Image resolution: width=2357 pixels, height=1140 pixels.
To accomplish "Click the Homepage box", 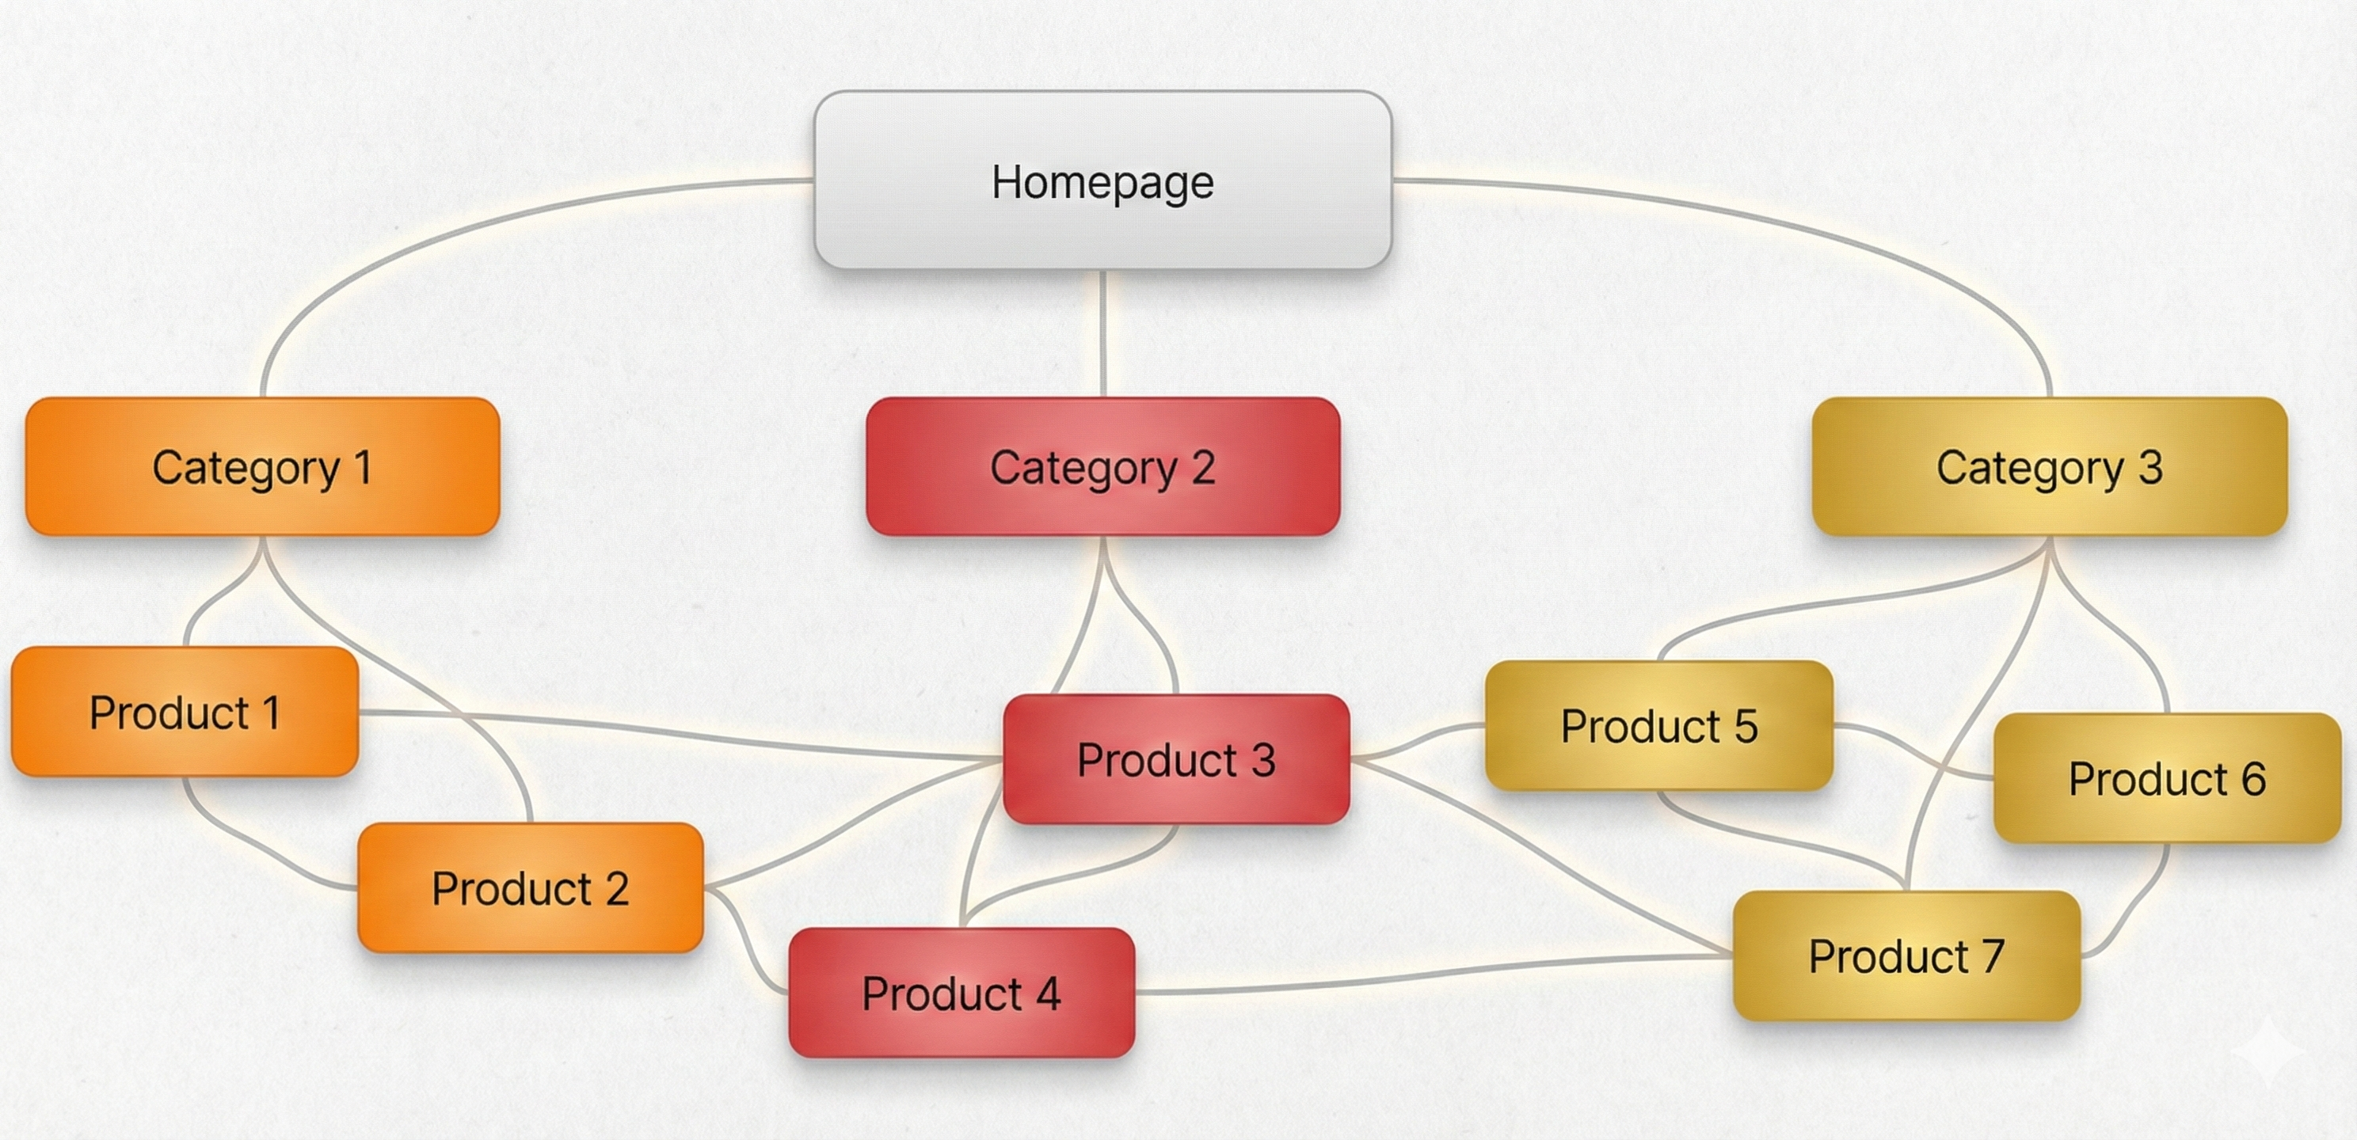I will coord(1102,180).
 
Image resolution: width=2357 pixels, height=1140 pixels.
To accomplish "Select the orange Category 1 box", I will coord(263,466).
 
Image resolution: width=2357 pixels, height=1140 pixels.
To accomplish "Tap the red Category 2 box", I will coord(1102,466).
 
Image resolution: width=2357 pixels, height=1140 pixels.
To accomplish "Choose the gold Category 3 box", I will coord(2050,466).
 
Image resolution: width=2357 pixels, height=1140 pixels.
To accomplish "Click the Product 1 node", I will coord(184,712).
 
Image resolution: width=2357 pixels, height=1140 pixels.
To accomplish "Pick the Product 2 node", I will coord(530,887).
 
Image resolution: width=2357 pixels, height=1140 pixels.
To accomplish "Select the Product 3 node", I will coord(1176,759).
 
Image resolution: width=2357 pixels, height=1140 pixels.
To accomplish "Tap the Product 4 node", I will coord(961,993).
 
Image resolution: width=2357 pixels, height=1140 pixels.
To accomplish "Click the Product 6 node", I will coord(2167,778).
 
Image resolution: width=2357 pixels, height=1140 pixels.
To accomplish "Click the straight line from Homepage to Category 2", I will coord(1103,334).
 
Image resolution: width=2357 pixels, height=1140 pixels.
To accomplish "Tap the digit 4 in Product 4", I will coord(1048,994).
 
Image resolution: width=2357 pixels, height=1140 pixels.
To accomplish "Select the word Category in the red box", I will coord(1083,469).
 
